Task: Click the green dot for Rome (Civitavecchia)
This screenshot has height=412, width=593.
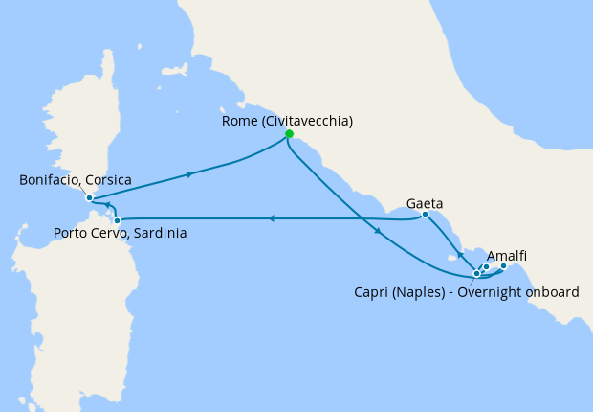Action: (289, 134)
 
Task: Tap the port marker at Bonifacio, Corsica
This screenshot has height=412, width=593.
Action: (89, 198)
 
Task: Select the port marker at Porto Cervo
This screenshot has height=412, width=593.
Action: (117, 220)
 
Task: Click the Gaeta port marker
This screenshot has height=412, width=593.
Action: (425, 215)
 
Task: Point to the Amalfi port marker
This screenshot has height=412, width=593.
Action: (504, 266)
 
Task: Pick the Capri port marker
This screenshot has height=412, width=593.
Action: (476, 274)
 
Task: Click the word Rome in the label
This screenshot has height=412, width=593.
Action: (238, 121)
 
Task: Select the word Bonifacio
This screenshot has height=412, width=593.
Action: (49, 180)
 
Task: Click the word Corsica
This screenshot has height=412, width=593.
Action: (106, 180)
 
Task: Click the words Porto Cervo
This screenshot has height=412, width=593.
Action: (89, 233)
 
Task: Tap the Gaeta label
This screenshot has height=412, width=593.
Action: (425, 203)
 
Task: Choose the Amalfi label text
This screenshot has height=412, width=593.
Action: (507, 256)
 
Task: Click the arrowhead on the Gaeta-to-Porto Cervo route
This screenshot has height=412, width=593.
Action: (272, 218)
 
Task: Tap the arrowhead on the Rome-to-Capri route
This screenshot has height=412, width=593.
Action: (380, 232)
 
